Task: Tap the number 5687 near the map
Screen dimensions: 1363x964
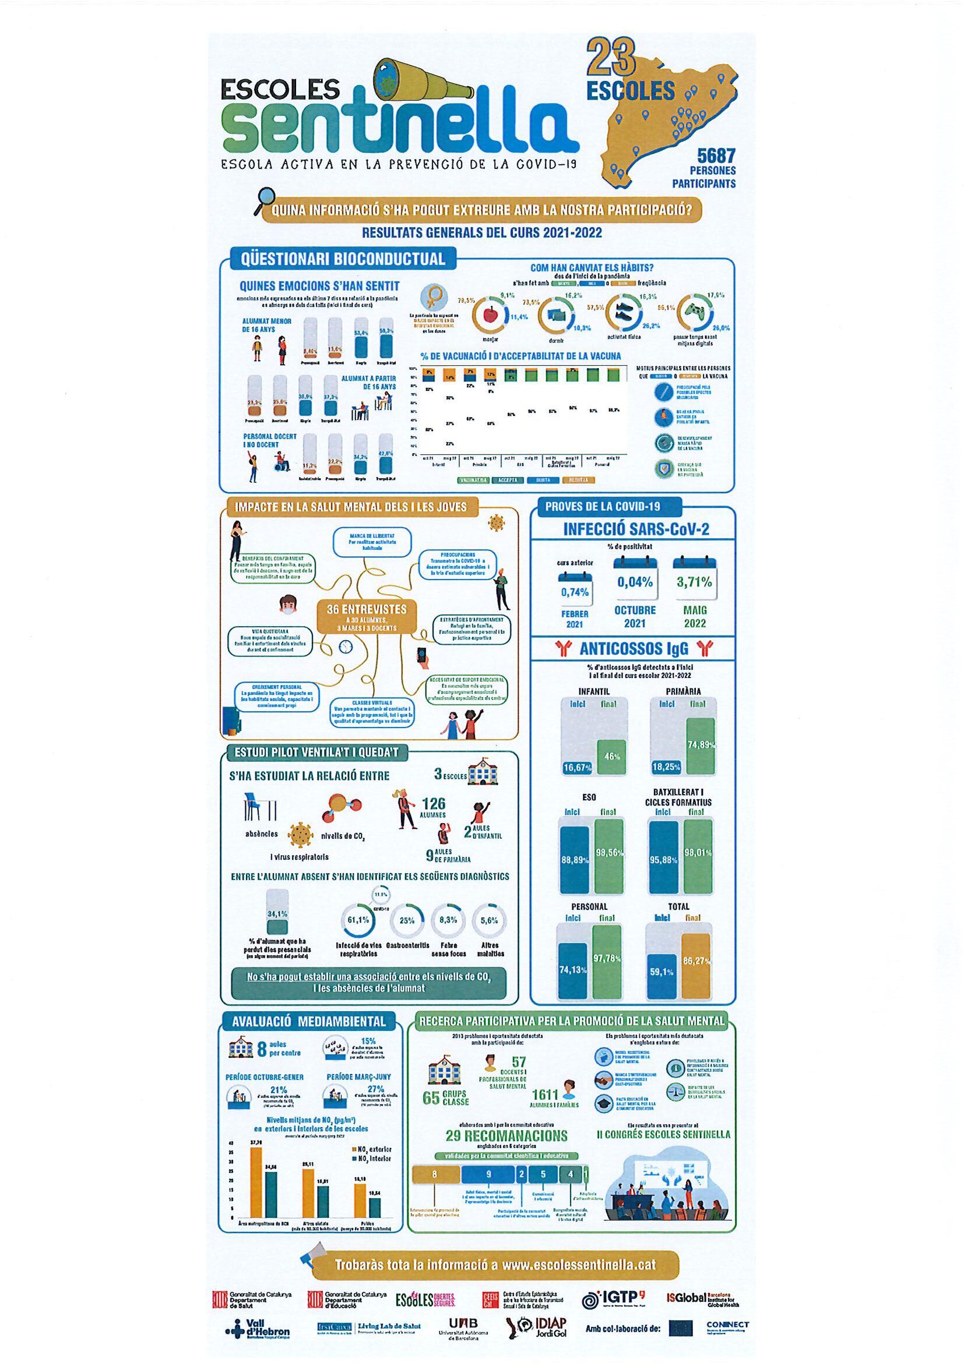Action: click(x=716, y=156)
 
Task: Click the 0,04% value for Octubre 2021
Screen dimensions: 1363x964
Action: click(x=635, y=582)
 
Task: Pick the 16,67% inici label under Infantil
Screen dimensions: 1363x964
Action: click(x=577, y=768)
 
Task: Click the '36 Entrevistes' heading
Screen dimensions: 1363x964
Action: click(x=367, y=609)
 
